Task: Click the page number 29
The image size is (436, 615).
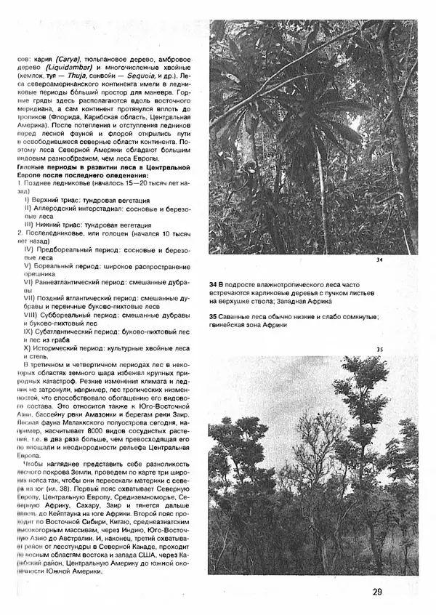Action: point(377,591)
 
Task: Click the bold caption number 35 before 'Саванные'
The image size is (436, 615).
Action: point(213,315)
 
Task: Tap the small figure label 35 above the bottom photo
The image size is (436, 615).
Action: point(379,350)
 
